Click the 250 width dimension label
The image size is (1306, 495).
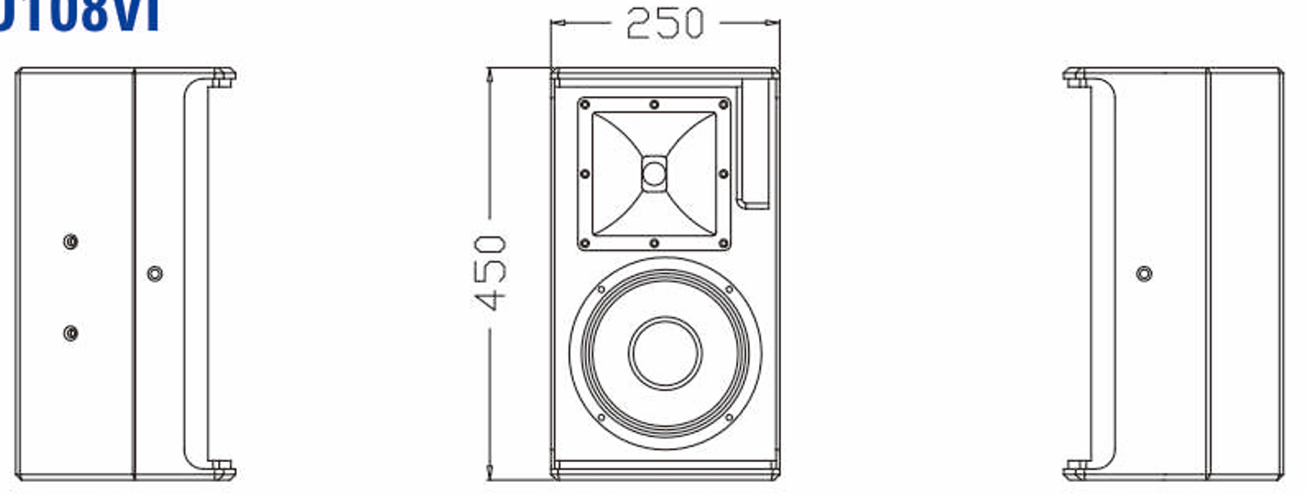pos(665,23)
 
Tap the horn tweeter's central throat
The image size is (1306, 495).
pos(654,173)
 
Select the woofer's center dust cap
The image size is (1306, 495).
pos(665,353)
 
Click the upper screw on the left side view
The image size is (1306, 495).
pos(71,242)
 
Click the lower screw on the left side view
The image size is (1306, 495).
pos(71,333)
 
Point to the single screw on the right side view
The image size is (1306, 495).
pos(1144,273)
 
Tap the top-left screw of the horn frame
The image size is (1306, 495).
pos(585,104)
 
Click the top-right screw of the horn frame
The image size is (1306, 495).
pos(723,104)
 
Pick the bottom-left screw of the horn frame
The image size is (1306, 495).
pos(585,243)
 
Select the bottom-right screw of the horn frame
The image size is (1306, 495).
pos(723,243)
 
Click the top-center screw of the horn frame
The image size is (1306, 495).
pos(654,104)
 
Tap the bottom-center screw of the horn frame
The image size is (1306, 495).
pos(654,243)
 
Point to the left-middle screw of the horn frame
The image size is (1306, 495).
pos(585,174)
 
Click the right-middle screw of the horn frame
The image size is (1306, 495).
pos(723,174)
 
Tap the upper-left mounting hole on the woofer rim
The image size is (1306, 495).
pos(601,289)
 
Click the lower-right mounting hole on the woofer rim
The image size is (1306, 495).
pos(729,417)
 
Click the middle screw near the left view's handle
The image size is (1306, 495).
pos(154,273)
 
